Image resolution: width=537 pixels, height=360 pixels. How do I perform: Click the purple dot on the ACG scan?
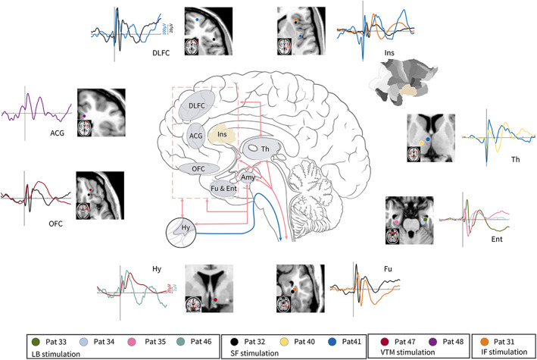coord(85,115)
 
